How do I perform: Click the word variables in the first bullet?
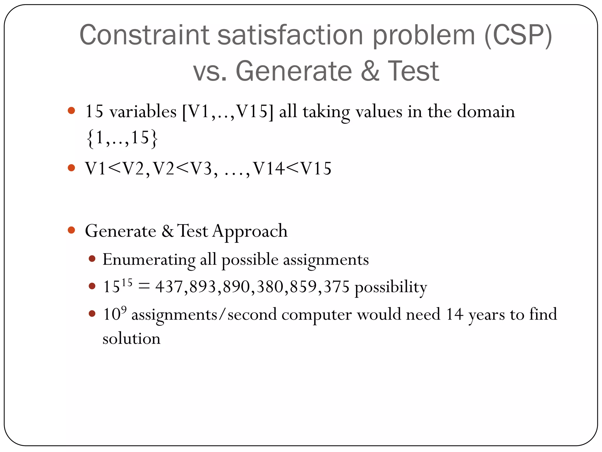pos(143,112)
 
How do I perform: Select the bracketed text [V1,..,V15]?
pos(228,112)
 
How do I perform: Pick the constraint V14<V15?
pos(292,169)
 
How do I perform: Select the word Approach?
pos(250,231)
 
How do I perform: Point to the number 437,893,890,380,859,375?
pos(252,286)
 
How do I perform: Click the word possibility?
pos(391,287)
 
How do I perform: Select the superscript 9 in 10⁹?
pos(124,309)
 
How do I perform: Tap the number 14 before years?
pos(455,314)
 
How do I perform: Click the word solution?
pos(131,338)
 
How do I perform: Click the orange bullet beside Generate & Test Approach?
pos(71,230)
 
